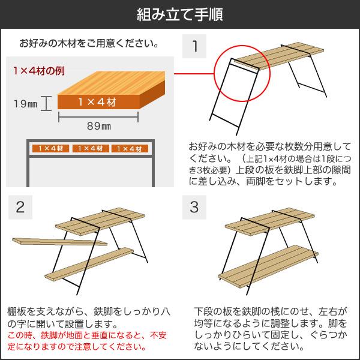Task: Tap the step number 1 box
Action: (195, 46)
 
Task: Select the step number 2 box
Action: (20, 207)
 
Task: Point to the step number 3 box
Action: (194, 207)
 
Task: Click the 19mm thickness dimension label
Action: (25, 103)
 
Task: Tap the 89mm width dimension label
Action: (98, 126)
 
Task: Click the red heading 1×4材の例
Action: (38, 70)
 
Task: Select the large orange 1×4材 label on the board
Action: (99, 102)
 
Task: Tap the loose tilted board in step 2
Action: (57, 242)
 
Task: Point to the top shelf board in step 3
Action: (267, 223)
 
